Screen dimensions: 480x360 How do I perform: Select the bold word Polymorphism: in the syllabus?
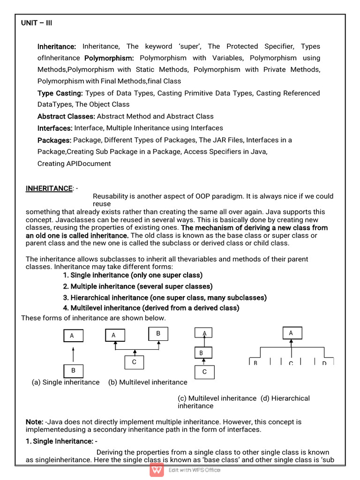[x=109, y=58]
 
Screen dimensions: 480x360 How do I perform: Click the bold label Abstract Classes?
[x=66, y=116]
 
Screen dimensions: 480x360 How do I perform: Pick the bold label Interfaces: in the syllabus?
[x=55, y=128]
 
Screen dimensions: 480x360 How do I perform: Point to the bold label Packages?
[x=54, y=140]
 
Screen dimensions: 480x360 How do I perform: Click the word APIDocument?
[x=89, y=164]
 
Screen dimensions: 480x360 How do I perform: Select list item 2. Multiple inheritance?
[x=138, y=286]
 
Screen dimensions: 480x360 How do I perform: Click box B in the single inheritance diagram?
[x=73, y=371]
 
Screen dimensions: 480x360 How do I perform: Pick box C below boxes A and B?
[x=134, y=362]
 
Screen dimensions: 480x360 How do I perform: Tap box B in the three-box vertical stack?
[x=202, y=352]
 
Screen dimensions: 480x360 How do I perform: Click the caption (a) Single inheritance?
[x=66, y=382]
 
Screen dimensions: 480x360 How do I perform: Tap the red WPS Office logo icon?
[x=157, y=470]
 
